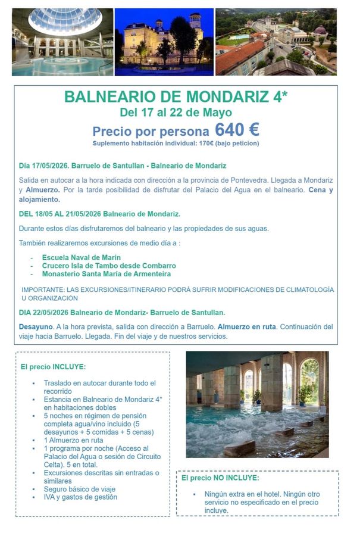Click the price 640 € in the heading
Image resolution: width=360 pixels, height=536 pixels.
pos(237,129)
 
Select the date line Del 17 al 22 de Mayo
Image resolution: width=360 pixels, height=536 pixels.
pos(176,113)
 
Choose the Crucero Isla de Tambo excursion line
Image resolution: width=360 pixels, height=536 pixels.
pos(108,265)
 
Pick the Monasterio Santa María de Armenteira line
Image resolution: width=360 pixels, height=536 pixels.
pos(106,273)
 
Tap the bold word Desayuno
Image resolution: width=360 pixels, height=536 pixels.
pos(36,327)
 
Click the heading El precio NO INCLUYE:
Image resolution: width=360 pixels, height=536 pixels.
pos(220,477)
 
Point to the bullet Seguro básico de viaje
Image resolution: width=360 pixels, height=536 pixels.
pos(80,489)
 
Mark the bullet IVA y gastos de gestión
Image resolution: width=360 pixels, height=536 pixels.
pos(80,497)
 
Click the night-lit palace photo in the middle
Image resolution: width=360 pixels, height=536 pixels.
pos(164,42)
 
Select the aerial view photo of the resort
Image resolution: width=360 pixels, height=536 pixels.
pos(276,42)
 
